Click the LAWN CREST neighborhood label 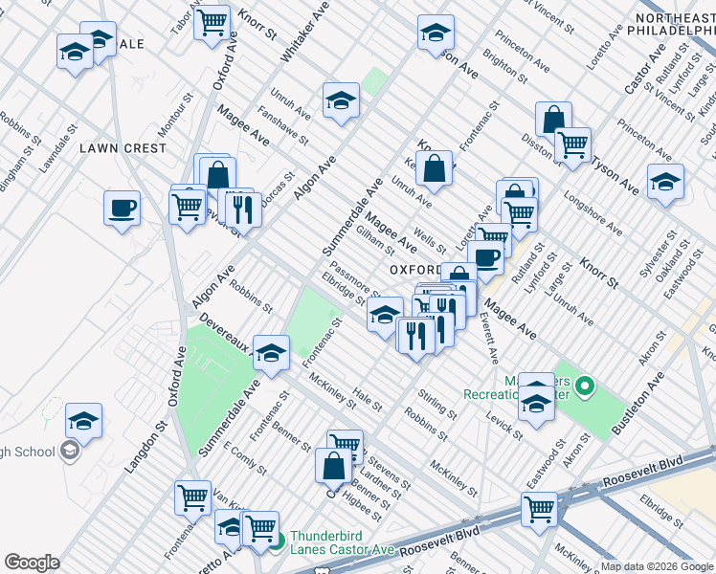[123, 148]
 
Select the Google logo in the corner [32, 563]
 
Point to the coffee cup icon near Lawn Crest [123, 209]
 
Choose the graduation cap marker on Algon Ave [341, 100]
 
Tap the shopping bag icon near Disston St [553, 119]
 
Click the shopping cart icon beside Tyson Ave [572, 144]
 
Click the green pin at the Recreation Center [584, 388]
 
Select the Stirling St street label [437, 404]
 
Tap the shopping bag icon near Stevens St [334, 467]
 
